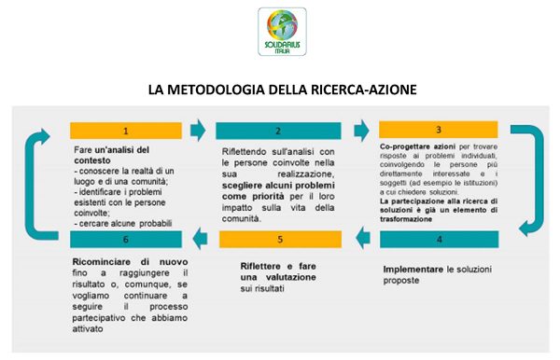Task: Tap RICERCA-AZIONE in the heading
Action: point(356,90)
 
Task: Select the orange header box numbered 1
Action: point(126,131)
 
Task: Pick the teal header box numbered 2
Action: point(277,132)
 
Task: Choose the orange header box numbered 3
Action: point(438,130)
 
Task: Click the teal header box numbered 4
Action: point(438,239)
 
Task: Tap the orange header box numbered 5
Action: point(277,240)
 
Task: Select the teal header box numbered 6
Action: point(126,240)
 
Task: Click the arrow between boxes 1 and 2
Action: point(198,128)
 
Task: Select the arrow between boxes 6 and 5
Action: point(200,240)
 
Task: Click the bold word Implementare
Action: point(414,269)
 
